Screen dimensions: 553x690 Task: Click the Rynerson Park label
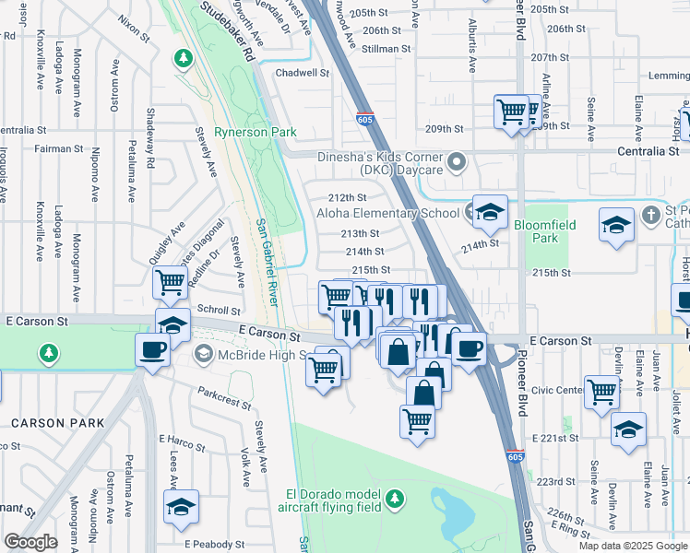[255, 132]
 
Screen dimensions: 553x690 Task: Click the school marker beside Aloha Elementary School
[490, 211]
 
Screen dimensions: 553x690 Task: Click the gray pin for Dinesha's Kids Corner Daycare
[458, 164]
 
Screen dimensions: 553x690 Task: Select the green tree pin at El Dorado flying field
[395, 499]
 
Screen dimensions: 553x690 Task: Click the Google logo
[30, 542]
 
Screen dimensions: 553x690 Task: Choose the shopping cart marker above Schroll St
[170, 282]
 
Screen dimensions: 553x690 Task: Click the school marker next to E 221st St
[628, 429]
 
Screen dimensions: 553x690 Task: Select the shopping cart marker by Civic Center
[602, 391]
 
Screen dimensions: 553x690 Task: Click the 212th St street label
[348, 197]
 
